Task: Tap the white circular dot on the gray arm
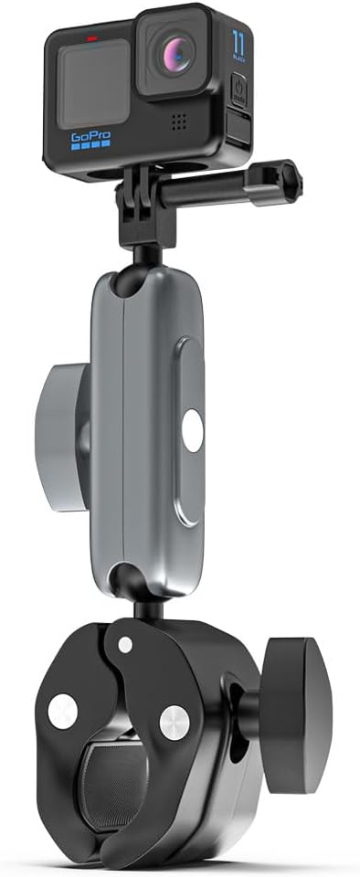coord(191,429)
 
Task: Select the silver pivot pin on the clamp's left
coord(63,712)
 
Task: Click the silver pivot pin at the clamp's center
coord(174,722)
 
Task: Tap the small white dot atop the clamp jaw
coord(125,644)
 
